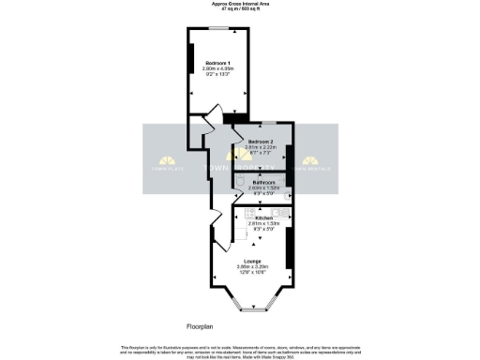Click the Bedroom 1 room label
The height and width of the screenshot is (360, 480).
tap(217, 62)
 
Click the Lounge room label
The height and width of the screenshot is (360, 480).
tap(252, 261)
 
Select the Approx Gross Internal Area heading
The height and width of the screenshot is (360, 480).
tap(240, 5)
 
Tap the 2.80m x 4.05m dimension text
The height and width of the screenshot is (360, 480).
tap(217, 68)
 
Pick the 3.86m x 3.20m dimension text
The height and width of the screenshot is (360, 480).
tap(252, 267)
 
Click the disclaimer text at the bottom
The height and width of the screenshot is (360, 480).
tap(240, 350)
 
